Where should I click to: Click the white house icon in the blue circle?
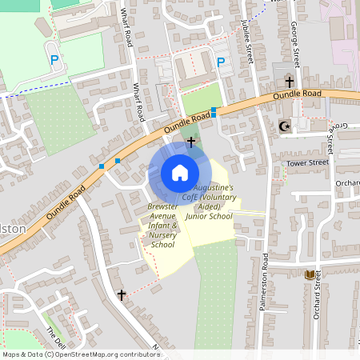pos(180,173)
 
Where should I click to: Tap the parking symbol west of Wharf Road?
pos(54,59)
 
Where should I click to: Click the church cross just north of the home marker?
pos(190,142)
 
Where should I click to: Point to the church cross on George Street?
pos(289,82)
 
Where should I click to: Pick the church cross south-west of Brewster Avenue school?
pos(122,295)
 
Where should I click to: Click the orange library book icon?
pos(310,274)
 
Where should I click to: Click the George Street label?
pos(294,44)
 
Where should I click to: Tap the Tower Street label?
pos(308,162)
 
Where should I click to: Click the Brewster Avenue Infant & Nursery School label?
pos(162,226)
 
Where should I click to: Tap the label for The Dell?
pos(53,331)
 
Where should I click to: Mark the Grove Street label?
pos(331,136)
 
